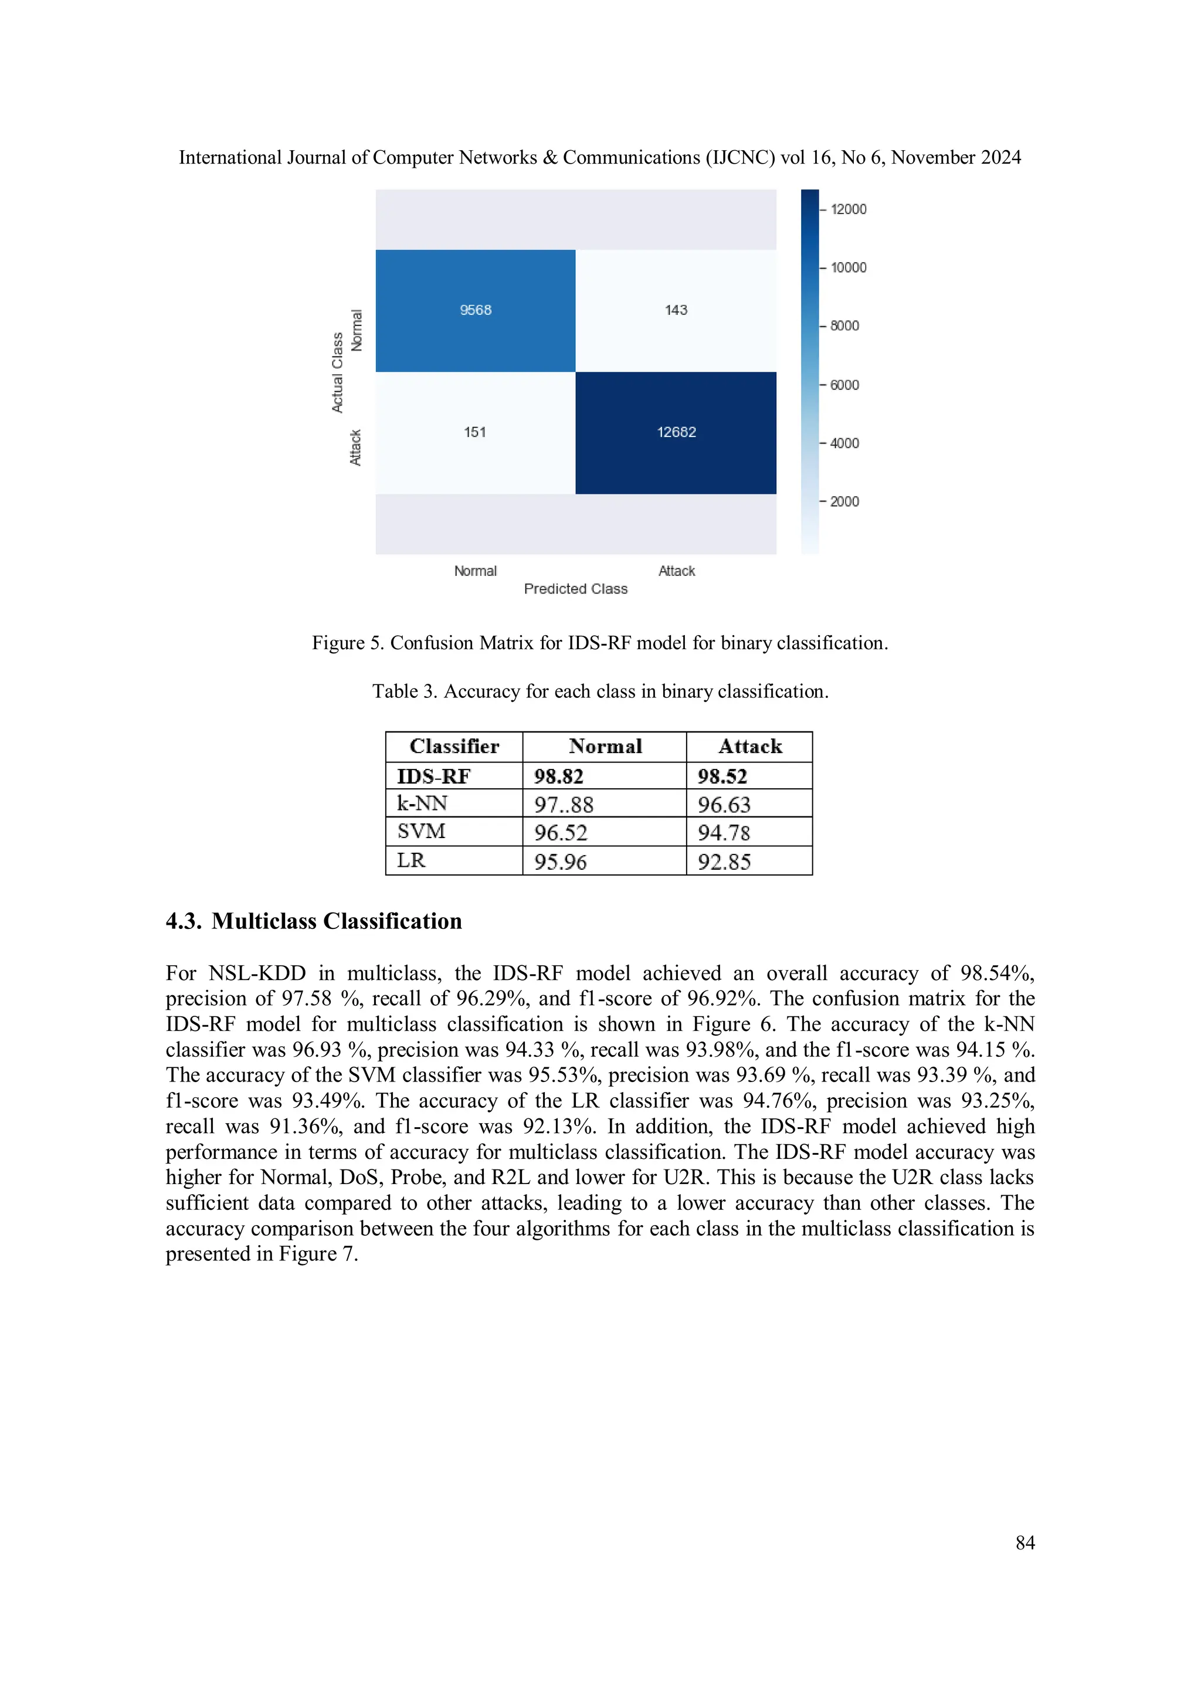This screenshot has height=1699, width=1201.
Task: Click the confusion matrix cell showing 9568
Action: tap(476, 310)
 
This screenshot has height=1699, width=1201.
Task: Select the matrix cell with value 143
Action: tap(676, 310)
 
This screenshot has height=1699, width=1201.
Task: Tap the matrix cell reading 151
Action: tap(475, 432)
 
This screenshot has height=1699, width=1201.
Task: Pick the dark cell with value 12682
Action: tap(676, 432)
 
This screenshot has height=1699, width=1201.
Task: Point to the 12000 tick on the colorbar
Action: tap(848, 209)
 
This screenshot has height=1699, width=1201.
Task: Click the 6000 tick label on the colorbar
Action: tap(844, 385)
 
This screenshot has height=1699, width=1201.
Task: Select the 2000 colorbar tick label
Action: tap(844, 501)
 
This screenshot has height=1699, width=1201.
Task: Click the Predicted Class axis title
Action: tap(576, 589)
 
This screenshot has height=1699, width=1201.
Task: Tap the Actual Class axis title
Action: tap(337, 372)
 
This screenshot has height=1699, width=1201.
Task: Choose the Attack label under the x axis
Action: tap(676, 571)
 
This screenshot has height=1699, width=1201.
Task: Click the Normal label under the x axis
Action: tap(475, 571)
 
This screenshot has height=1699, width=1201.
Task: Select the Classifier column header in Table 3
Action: tap(454, 747)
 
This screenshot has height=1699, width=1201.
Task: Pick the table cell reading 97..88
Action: tap(564, 805)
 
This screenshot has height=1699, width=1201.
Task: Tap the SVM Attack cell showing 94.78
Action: tap(724, 832)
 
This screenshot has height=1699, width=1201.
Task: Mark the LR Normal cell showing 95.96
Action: tap(560, 862)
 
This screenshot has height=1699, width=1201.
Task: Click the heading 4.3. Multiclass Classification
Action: tap(314, 921)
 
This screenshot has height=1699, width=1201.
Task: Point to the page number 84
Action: tap(1025, 1542)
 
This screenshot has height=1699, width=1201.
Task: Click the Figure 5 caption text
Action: tap(599, 643)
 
